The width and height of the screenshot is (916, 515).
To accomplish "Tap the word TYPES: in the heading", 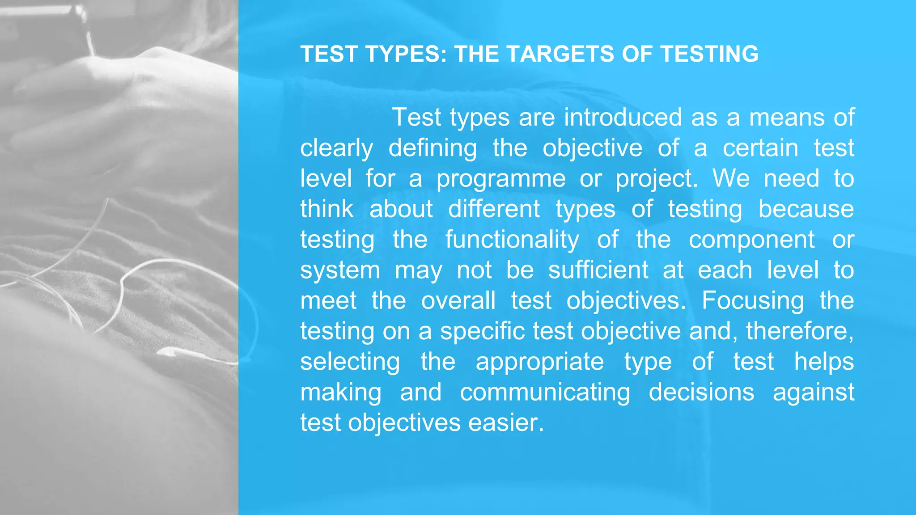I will [x=406, y=54].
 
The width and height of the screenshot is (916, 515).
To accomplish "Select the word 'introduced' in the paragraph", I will [x=623, y=118].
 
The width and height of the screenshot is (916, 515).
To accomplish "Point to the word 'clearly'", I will [x=336, y=148].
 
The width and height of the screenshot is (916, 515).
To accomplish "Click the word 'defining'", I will [x=433, y=148].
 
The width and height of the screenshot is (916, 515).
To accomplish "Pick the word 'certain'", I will [x=760, y=148].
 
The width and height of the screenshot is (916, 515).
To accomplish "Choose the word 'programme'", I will [x=501, y=179].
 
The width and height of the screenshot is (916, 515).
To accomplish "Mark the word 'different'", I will [x=494, y=209].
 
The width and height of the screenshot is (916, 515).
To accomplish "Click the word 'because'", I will [x=806, y=209].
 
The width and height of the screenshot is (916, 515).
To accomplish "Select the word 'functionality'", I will [x=512, y=240].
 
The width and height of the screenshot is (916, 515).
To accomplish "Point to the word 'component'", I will [x=751, y=240].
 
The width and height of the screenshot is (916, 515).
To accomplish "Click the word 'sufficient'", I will [x=598, y=270].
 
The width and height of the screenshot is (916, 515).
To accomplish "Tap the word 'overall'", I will [x=458, y=300].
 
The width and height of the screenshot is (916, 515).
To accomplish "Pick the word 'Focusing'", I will [x=753, y=301].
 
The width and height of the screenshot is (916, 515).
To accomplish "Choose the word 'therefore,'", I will [x=800, y=331].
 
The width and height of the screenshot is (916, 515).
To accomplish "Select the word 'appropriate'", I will [x=540, y=362].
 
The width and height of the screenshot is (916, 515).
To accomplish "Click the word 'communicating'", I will [x=545, y=393].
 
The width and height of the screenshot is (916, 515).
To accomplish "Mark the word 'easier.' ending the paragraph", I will [x=506, y=423].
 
